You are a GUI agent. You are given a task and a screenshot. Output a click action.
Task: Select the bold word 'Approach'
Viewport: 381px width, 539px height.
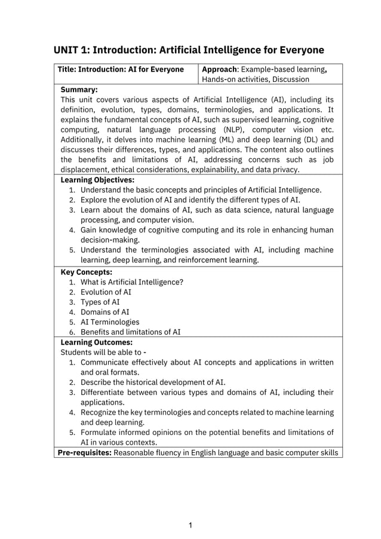220,69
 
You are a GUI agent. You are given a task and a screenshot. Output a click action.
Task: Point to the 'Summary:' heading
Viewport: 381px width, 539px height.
79,90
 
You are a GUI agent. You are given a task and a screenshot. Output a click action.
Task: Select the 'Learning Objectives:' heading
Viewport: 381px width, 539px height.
97,179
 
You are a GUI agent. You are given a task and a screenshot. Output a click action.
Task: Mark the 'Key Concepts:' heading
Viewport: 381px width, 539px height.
87,272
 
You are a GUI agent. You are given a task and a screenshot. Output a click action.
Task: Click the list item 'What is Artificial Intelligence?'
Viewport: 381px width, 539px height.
132,282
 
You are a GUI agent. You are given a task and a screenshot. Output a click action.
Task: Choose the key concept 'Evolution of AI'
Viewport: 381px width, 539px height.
106,292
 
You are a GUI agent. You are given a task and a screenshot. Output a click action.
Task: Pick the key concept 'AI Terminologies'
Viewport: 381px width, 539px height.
110,322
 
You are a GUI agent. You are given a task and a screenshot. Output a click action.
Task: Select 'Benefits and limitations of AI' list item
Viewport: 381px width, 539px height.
130,332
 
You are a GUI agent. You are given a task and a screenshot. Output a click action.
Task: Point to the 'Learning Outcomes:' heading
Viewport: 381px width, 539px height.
96,342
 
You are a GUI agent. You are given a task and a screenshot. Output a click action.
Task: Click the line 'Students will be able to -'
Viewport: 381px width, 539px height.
103,353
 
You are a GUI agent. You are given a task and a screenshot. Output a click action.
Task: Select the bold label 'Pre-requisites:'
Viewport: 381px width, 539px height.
84,453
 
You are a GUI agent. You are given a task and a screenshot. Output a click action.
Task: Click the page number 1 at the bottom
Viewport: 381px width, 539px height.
190,526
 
